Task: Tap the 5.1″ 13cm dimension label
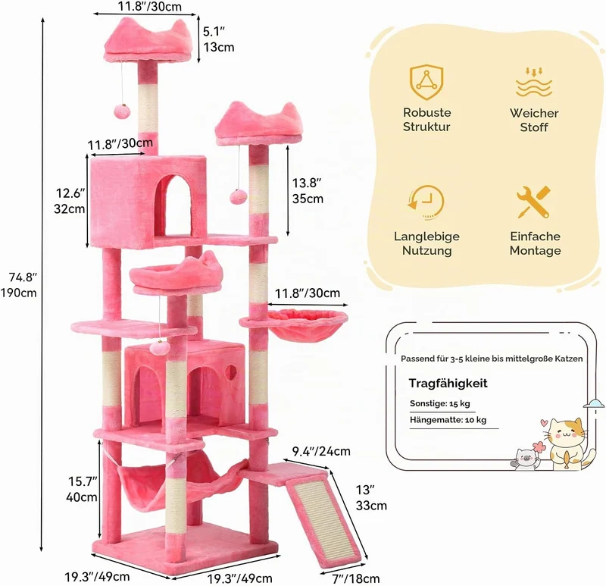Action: point(218,39)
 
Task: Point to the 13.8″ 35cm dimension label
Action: point(308,191)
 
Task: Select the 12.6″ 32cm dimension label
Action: point(70,201)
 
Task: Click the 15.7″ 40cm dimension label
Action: point(82,489)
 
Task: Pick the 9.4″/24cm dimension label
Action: point(321,451)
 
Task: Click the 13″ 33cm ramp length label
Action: point(371,497)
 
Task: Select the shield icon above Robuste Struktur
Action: point(426,83)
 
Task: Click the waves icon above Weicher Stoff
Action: point(534,83)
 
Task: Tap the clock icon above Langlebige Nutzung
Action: point(426,202)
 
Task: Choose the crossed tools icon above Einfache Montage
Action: point(534,202)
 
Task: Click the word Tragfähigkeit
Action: point(448,384)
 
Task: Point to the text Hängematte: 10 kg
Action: point(448,420)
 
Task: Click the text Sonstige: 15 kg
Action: point(440,403)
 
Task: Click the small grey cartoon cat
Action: point(525,459)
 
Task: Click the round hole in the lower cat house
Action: point(231,373)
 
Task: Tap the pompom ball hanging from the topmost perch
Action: point(122,112)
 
